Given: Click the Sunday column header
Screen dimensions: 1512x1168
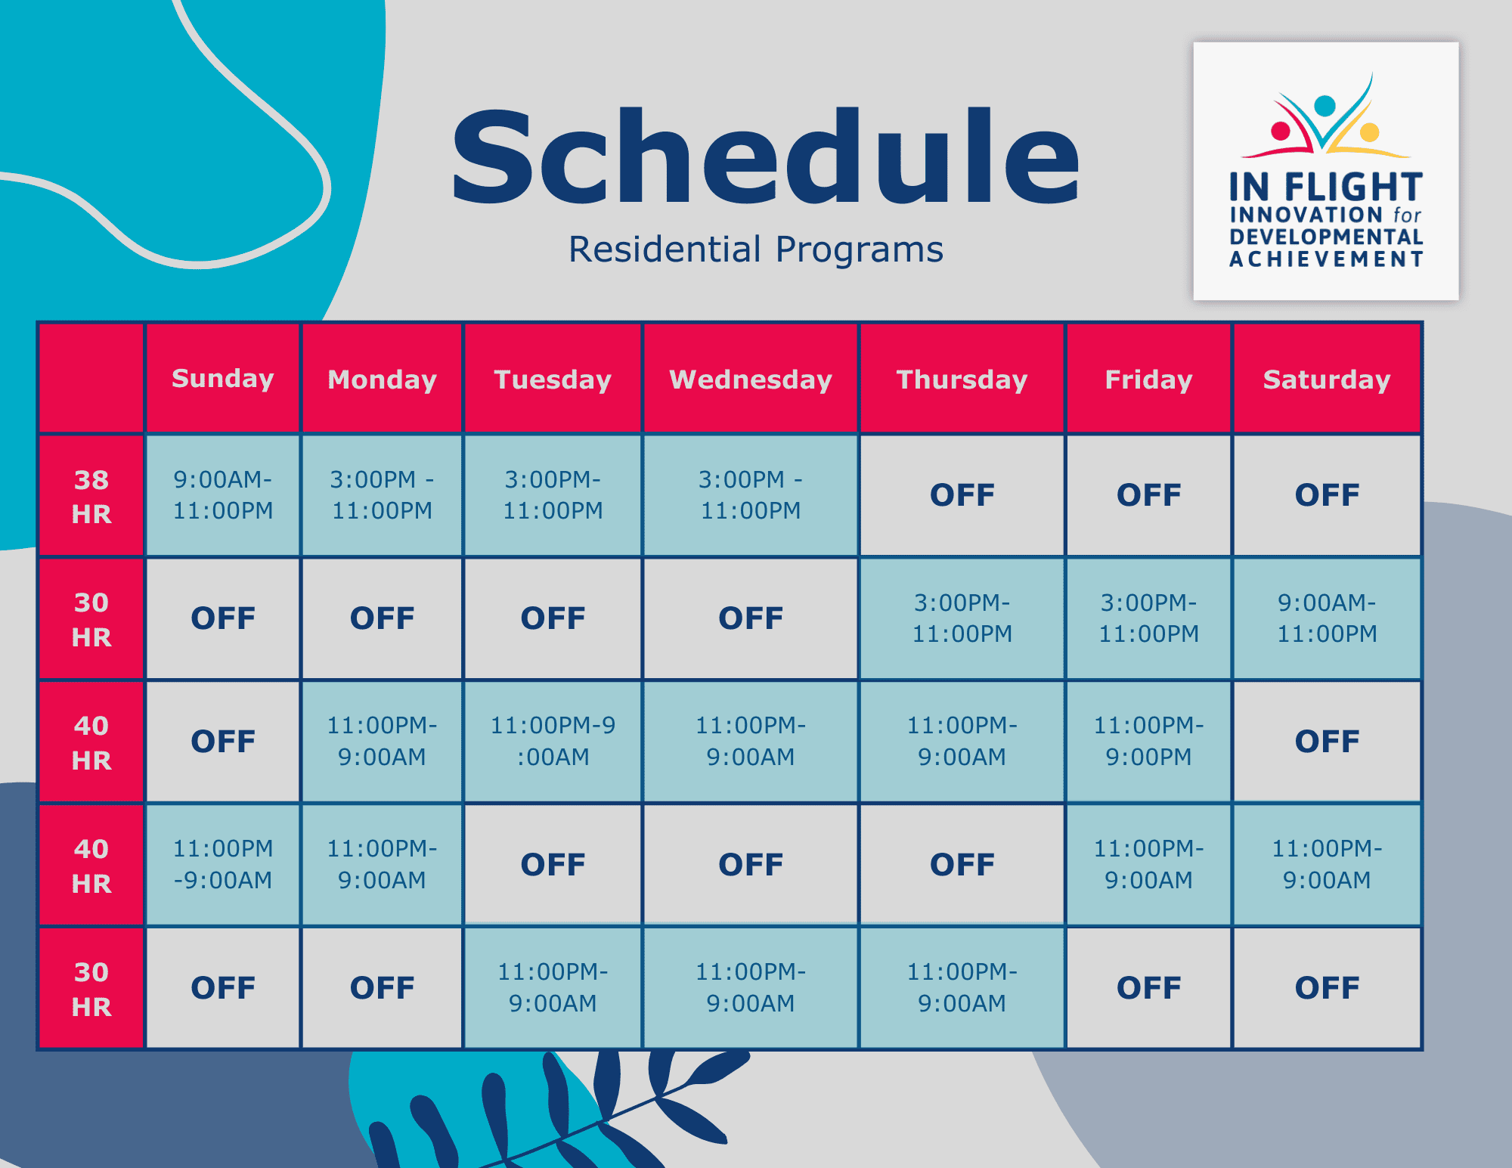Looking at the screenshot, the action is tap(222, 378).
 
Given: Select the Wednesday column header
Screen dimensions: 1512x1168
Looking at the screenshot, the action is tap(750, 378).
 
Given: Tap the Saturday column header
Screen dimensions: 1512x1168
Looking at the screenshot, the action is tap(1327, 378).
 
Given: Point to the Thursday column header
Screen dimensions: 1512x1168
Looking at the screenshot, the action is tap(962, 378).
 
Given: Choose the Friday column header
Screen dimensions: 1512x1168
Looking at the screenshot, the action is tap(1148, 378).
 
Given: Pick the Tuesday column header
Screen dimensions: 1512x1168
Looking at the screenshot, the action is tap(553, 378).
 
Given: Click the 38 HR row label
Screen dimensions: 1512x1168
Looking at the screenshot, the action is tap(91, 496).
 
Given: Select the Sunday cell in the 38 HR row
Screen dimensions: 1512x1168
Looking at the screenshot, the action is tap(222, 495).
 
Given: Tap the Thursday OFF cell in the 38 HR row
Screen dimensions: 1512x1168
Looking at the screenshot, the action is tap(962, 495).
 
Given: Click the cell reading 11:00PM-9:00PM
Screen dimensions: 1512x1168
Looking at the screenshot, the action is tap(1148, 741).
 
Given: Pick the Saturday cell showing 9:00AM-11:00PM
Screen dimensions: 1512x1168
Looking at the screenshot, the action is tap(1327, 618).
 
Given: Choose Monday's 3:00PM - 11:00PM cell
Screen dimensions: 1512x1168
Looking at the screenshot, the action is tap(382, 495).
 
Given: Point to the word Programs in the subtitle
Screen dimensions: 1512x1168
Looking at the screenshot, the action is tap(860, 250).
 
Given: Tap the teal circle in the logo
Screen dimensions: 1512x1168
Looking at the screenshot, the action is tap(1325, 105).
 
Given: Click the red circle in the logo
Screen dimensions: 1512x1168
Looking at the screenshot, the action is tap(1281, 132).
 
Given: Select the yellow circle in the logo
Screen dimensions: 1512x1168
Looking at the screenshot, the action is tap(1369, 133).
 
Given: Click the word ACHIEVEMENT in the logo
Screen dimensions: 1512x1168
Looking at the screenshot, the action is tap(1326, 259).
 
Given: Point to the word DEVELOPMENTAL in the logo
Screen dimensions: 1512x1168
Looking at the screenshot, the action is tap(1326, 237).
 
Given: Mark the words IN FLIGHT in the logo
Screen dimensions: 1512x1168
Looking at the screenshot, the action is tap(1326, 187).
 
